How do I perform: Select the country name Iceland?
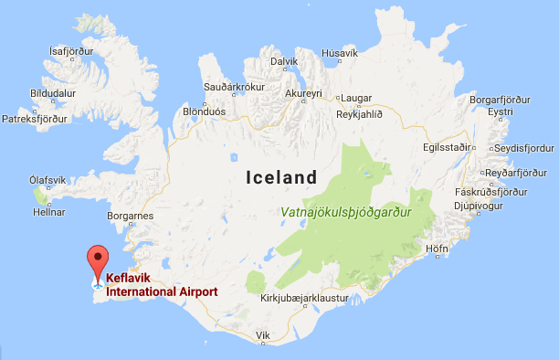coord(280,178)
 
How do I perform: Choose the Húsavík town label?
coord(341,54)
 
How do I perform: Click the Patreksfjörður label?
coord(36,119)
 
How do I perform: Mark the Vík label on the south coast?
coord(264,335)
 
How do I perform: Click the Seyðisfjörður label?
coord(523,148)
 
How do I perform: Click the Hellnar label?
coord(50,211)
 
